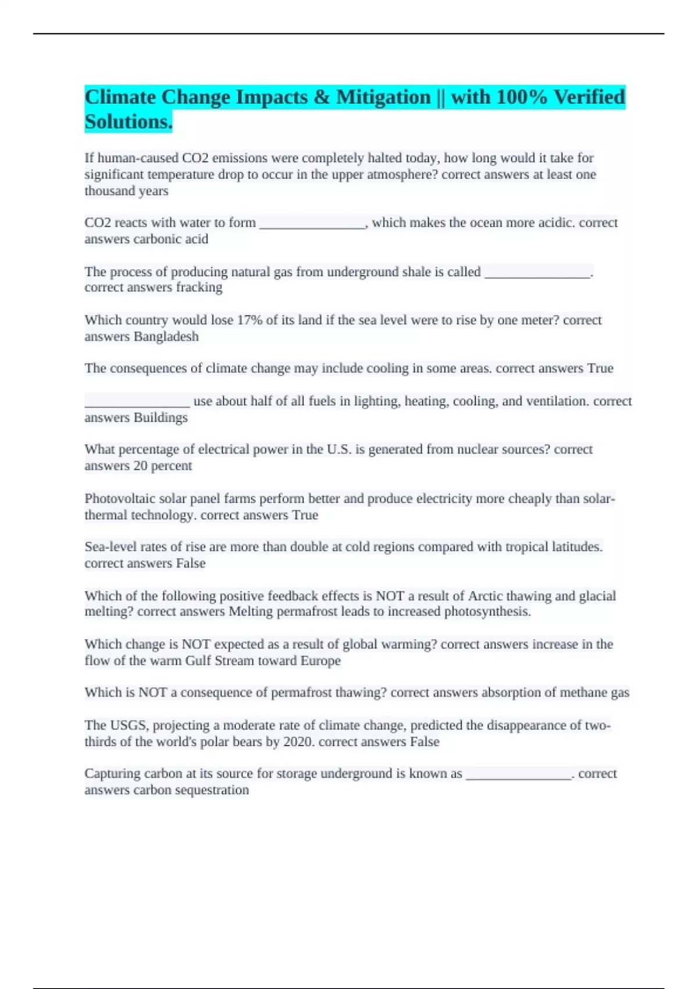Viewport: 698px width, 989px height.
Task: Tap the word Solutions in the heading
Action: click(x=127, y=122)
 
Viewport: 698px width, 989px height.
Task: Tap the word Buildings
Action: click(x=161, y=418)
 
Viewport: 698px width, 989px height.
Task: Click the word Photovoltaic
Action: click(x=120, y=499)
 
